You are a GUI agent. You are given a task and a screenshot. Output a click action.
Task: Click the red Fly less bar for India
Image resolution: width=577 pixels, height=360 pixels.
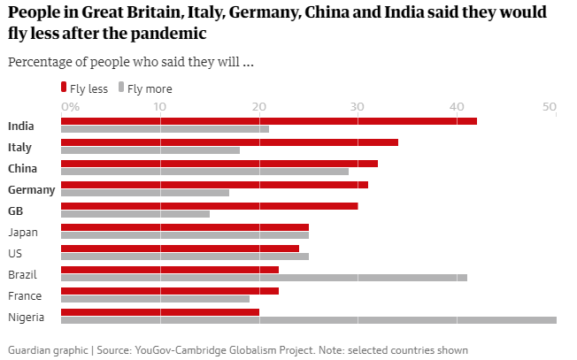tap(268, 121)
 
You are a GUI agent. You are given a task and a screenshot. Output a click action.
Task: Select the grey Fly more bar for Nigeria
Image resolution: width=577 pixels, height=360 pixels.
tap(308, 319)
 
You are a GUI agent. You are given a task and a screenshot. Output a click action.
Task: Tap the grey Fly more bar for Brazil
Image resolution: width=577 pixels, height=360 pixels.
tap(264, 277)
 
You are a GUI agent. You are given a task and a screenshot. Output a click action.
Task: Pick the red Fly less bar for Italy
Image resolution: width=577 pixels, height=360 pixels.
tap(229, 142)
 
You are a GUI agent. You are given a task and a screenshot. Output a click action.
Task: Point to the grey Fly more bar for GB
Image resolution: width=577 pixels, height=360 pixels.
tap(135, 213)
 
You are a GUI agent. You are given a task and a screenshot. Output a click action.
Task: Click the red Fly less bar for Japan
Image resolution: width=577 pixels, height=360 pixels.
tap(184, 227)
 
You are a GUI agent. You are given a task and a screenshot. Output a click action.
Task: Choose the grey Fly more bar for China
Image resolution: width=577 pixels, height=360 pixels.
tap(204, 171)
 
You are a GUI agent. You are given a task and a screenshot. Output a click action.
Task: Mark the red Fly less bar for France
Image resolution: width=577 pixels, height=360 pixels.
tap(169, 291)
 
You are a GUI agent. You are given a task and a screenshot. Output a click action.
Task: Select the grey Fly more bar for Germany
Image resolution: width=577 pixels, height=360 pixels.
tap(144, 192)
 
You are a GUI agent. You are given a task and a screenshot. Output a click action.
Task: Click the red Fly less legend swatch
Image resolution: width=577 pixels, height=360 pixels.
tap(64, 87)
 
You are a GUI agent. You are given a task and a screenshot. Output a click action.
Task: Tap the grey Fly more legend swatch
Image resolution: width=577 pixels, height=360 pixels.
tap(121, 87)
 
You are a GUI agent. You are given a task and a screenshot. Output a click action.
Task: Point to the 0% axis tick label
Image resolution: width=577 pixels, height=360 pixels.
tap(70, 107)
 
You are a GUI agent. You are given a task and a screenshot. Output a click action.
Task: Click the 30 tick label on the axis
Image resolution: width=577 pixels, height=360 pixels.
tap(357, 107)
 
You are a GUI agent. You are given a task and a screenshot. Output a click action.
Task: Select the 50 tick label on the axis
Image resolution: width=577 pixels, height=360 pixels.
tap(550, 107)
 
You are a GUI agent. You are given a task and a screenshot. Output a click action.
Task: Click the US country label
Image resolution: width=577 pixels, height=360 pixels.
tap(14, 254)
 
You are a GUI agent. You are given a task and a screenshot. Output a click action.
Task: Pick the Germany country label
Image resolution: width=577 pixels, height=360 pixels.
tap(32, 190)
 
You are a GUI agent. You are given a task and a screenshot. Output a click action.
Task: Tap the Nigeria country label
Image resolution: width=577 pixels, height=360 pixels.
tap(26, 318)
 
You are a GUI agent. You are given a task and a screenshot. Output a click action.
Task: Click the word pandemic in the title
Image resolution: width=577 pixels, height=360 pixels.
tap(167, 34)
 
